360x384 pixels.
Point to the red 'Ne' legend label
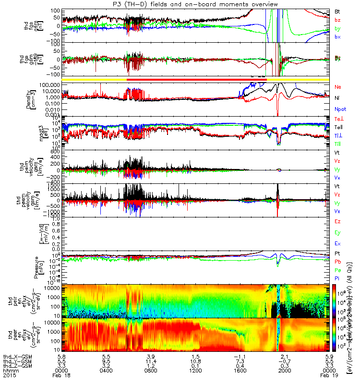tap(337, 87)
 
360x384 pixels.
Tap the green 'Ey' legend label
tap(337, 232)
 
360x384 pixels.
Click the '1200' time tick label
tap(195, 369)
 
